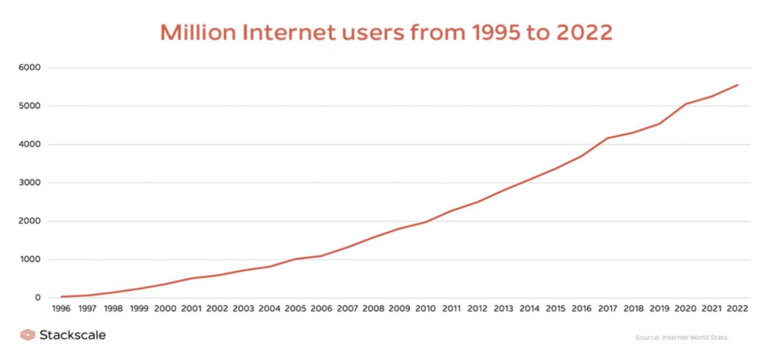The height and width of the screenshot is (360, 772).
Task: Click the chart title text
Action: tap(386, 33)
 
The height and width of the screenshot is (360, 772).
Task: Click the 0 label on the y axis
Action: tap(37, 298)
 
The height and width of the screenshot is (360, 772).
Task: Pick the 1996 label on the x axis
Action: tap(61, 309)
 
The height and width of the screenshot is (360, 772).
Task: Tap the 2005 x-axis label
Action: tap(295, 309)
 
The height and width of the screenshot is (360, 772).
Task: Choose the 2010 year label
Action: tap(425, 309)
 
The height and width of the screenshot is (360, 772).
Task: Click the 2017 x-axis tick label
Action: tap(607, 309)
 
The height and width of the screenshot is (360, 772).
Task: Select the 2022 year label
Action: tap(737, 309)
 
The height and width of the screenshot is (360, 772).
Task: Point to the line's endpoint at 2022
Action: tap(737, 85)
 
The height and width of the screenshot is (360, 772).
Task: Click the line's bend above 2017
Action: tap(607, 138)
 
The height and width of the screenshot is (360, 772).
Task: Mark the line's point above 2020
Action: tap(685, 104)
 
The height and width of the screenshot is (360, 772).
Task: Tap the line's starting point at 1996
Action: tap(61, 297)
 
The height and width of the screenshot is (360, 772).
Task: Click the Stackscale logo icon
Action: tap(28, 335)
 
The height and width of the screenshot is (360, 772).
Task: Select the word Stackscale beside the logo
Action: tap(72, 335)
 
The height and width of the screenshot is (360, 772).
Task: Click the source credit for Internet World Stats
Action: tap(682, 337)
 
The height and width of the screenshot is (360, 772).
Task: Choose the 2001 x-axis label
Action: tap(191, 309)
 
